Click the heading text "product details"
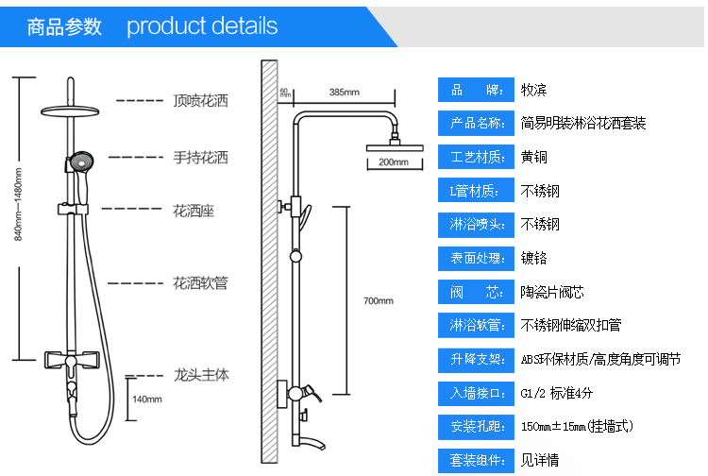pos(202,25)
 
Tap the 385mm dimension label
pos(344,93)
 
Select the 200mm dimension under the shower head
pos(393,162)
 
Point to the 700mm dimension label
pos(378,301)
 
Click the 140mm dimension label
pos(147,399)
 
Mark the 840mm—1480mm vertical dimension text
pos(17,217)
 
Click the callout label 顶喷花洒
pos(200,100)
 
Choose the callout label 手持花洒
pos(200,158)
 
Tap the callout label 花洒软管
pos(200,282)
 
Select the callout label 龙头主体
pos(200,375)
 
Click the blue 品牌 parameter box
pos(474,90)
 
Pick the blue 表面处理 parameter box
pos(474,257)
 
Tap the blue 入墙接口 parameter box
pos(474,392)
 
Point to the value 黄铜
pos(533,157)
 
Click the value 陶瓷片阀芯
pos(552,291)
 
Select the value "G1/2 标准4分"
pos(557,392)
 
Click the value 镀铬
pos(533,257)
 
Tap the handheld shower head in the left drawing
pos(77,162)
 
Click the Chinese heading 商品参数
pos(64,25)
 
